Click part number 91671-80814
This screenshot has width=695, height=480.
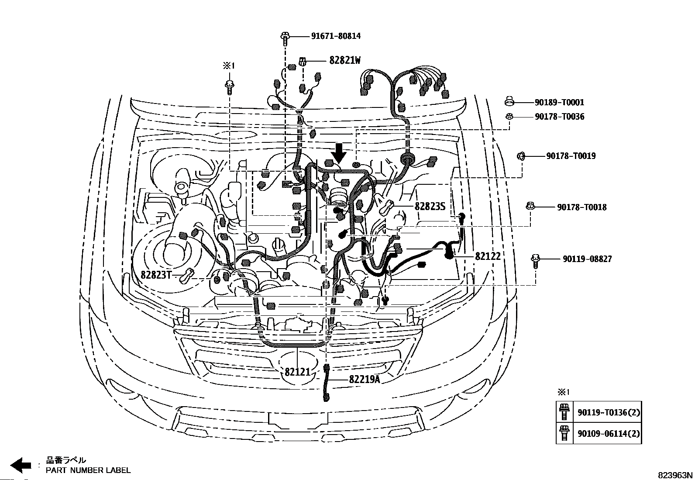[336, 36]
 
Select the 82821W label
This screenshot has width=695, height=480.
[345, 61]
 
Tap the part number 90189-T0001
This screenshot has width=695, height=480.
[559, 103]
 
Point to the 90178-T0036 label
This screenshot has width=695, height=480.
[559, 117]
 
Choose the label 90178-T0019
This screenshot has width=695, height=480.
[571, 156]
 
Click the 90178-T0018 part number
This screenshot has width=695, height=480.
[581, 207]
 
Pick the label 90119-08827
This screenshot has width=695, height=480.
[587, 259]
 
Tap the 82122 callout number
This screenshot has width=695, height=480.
[488, 256]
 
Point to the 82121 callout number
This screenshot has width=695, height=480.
[297, 372]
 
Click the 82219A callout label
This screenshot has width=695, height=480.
[364, 380]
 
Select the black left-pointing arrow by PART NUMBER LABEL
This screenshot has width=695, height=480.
[21, 465]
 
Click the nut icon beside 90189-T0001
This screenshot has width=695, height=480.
[509, 102]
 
